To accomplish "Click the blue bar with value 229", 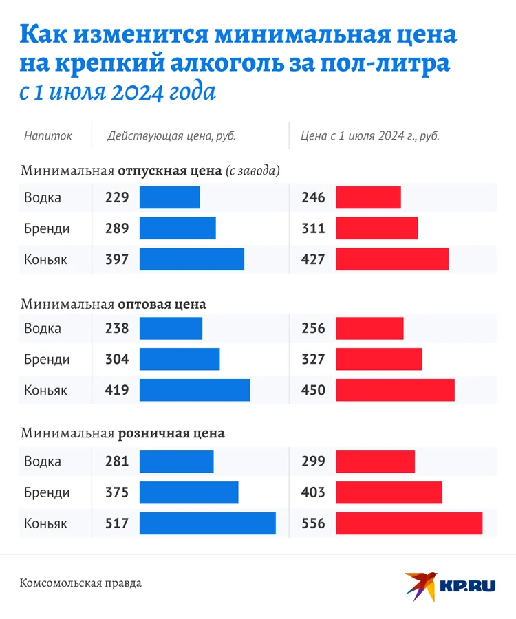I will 170,197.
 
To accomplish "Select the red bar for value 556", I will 409,523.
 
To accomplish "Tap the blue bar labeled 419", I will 195,390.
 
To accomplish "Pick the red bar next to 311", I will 376,228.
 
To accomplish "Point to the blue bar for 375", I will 189,492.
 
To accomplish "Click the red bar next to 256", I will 369,328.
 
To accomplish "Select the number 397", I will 117,259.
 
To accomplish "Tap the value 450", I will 313,390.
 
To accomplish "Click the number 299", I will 313,461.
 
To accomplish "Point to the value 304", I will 117,359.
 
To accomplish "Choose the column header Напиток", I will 47,136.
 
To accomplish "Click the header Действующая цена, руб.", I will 171,136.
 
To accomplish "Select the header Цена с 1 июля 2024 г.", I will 370,136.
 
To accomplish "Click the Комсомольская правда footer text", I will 81,583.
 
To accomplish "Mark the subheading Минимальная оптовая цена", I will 114,303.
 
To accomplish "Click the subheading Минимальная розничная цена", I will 122,434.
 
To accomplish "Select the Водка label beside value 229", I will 43,197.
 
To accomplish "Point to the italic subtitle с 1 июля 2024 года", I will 117,92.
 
